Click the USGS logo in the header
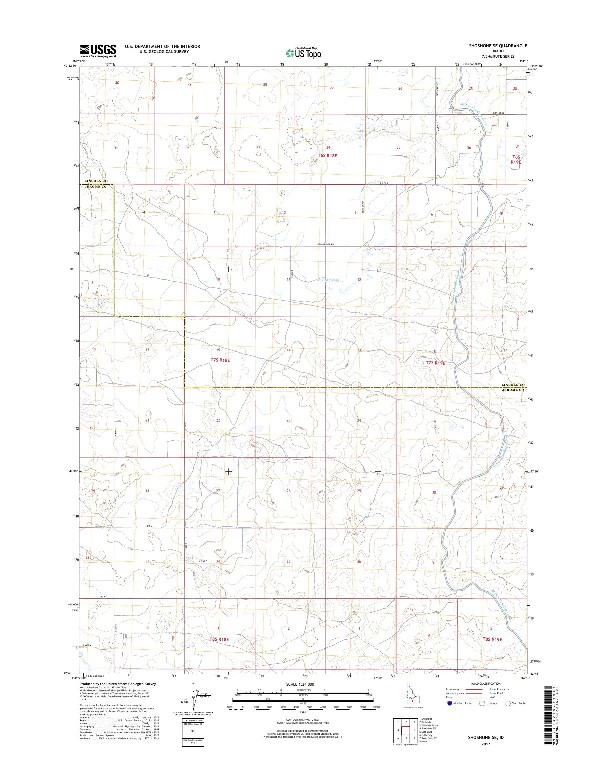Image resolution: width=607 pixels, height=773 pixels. coord(98,51)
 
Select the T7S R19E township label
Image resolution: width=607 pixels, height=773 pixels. coord(435,363)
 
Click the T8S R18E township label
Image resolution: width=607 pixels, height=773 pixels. coord(219,649)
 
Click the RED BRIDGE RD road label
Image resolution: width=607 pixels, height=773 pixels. coord(326,244)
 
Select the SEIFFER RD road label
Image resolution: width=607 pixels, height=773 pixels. coord(363,207)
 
